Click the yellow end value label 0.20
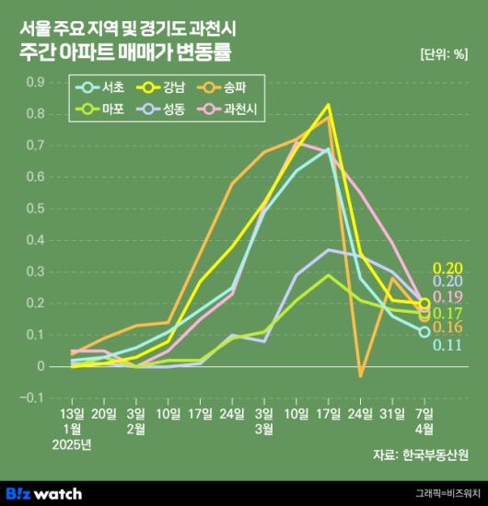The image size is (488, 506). (447, 268)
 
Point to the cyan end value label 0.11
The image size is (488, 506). (447, 345)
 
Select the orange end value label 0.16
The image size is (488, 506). (447, 328)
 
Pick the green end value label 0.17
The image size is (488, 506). (447, 314)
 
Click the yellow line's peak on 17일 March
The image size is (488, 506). (328, 105)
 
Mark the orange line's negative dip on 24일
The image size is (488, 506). (360, 376)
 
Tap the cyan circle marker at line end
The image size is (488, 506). (424, 331)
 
